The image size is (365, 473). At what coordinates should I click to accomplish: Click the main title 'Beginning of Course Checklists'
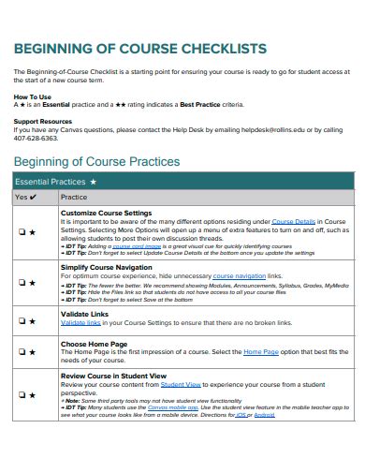(x=140, y=49)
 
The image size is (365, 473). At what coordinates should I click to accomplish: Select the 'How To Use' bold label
(x=33, y=96)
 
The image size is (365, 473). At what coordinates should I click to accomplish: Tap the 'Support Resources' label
(x=43, y=120)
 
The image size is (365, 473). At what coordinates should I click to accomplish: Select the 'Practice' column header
(x=74, y=198)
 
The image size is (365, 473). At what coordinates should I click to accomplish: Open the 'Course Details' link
(x=294, y=221)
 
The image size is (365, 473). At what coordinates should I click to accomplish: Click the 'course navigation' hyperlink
(x=240, y=276)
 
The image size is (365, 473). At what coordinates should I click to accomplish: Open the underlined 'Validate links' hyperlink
(x=80, y=322)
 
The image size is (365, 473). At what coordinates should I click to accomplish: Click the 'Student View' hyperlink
(x=180, y=383)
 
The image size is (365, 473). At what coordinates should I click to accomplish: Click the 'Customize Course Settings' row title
(x=105, y=214)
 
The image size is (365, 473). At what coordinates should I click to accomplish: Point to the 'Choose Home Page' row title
(x=93, y=344)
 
